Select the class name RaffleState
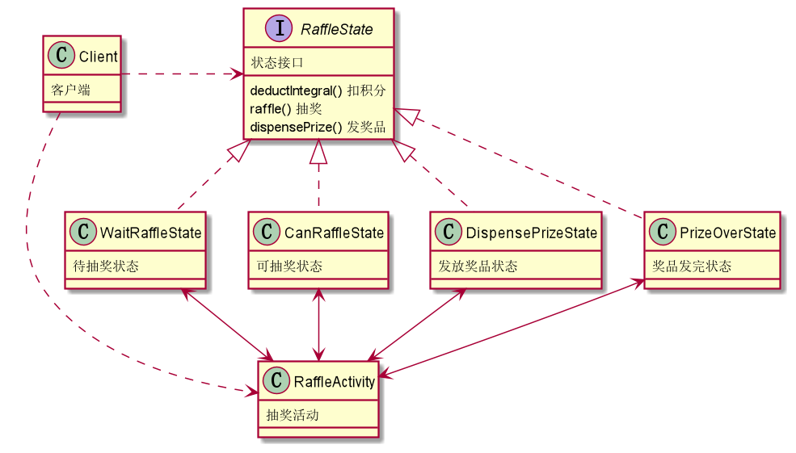[x=336, y=30]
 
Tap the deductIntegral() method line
[x=318, y=90]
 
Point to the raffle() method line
[x=286, y=108]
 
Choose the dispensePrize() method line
[x=318, y=127]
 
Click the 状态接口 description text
[x=277, y=62]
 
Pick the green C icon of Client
[x=61, y=57]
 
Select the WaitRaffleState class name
[x=150, y=233]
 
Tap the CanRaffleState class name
[x=334, y=233]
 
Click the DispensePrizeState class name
[x=531, y=233]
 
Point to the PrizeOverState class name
[x=728, y=233]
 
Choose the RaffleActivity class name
[x=333, y=381]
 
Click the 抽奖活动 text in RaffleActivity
[x=293, y=416]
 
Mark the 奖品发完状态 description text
[x=692, y=266]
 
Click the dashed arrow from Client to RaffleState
[x=182, y=75]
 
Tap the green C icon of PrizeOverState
[x=665, y=233]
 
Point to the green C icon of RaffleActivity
[x=277, y=381]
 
